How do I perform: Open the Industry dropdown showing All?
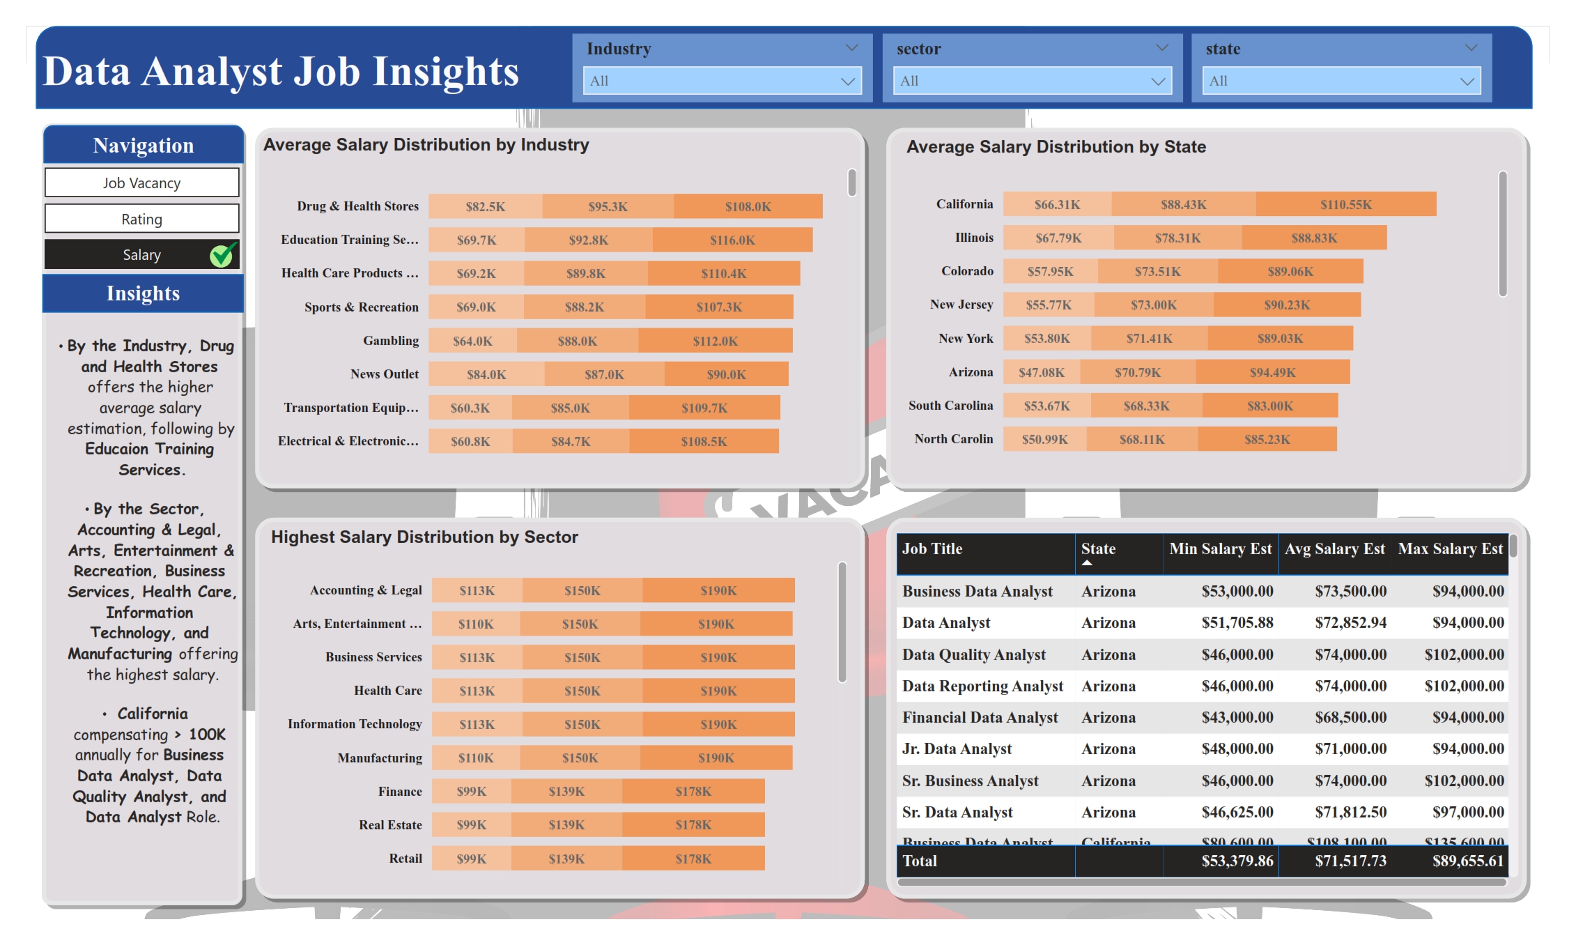(x=722, y=81)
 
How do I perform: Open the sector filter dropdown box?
(x=1032, y=81)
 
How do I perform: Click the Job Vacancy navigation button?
(x=142, y=183)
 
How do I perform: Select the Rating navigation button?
(x=142, y=219)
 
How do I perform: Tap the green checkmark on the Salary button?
(x=222, y=255)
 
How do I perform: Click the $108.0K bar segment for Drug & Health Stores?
(x=748, y=206)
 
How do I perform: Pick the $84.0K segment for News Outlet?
(x=486, y=374)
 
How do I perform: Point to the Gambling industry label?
(x=391, y=340)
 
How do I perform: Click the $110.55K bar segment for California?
(x=1345, y=204)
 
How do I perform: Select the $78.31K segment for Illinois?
(x=1177, y=238)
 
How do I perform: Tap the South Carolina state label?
(x=950, y=406)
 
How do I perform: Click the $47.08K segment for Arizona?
(x=1042, y=372)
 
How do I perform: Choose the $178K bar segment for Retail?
(x=693, y=859)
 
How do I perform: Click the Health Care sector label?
(x=388, y=691)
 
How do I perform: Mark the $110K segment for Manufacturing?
(x=476, y=758)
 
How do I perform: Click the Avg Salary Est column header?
(x=1334, y=549)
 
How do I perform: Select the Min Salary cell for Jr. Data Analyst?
(x=1237, y=749)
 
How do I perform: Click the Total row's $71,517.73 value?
(x=1350, y=861)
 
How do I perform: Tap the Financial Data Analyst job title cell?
(x=980, y=718)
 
